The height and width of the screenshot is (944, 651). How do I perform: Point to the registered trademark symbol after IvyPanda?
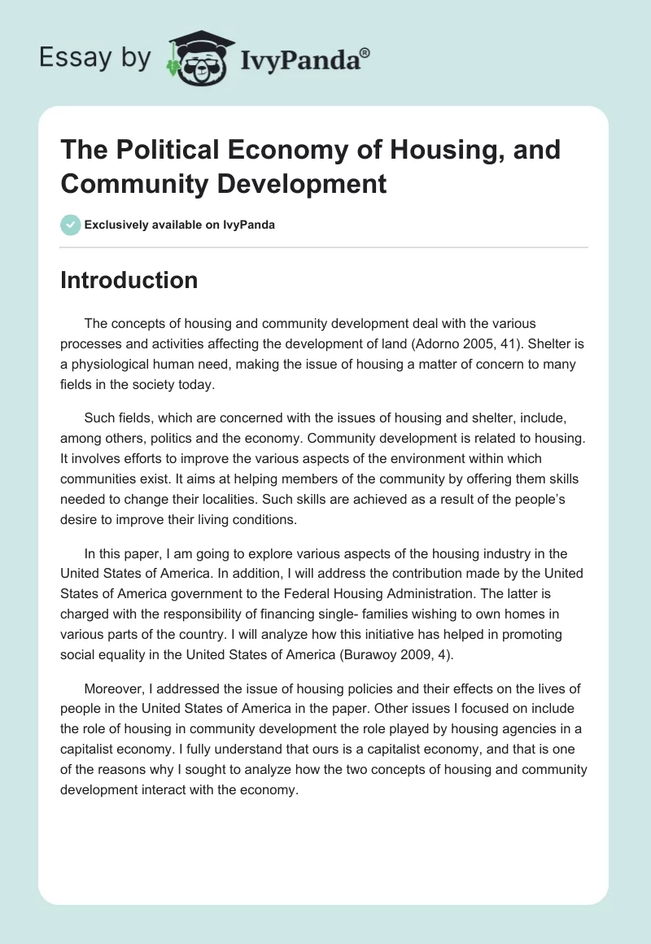click(365, 52)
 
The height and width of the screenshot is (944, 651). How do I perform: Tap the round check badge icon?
click(70, 225)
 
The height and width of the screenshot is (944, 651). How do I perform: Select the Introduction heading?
click(129, 280)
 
